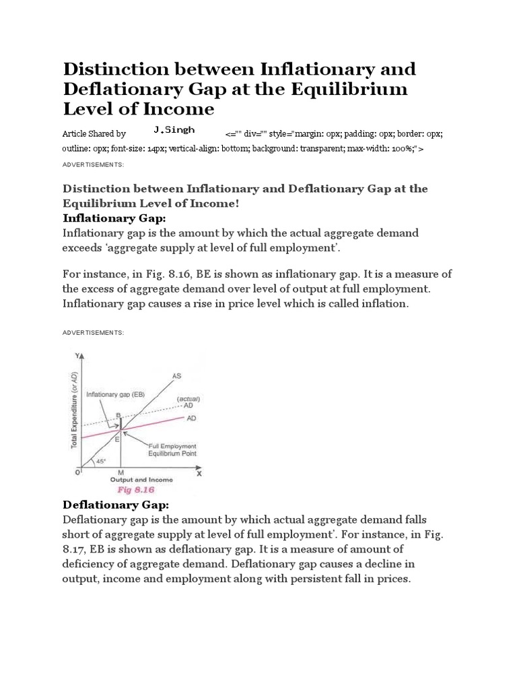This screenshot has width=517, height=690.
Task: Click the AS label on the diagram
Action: click(x=176, y=375)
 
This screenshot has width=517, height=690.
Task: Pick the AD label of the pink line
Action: click(x=192, y=418)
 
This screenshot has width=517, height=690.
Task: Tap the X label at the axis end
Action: click(x=199, y=474)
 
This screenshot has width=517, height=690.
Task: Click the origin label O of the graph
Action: click(x=77, y=473)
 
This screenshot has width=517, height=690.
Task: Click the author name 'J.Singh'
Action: click(x=174, y=129)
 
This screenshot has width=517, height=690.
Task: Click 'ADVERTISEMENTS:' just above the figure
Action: click(x=93, y=333)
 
